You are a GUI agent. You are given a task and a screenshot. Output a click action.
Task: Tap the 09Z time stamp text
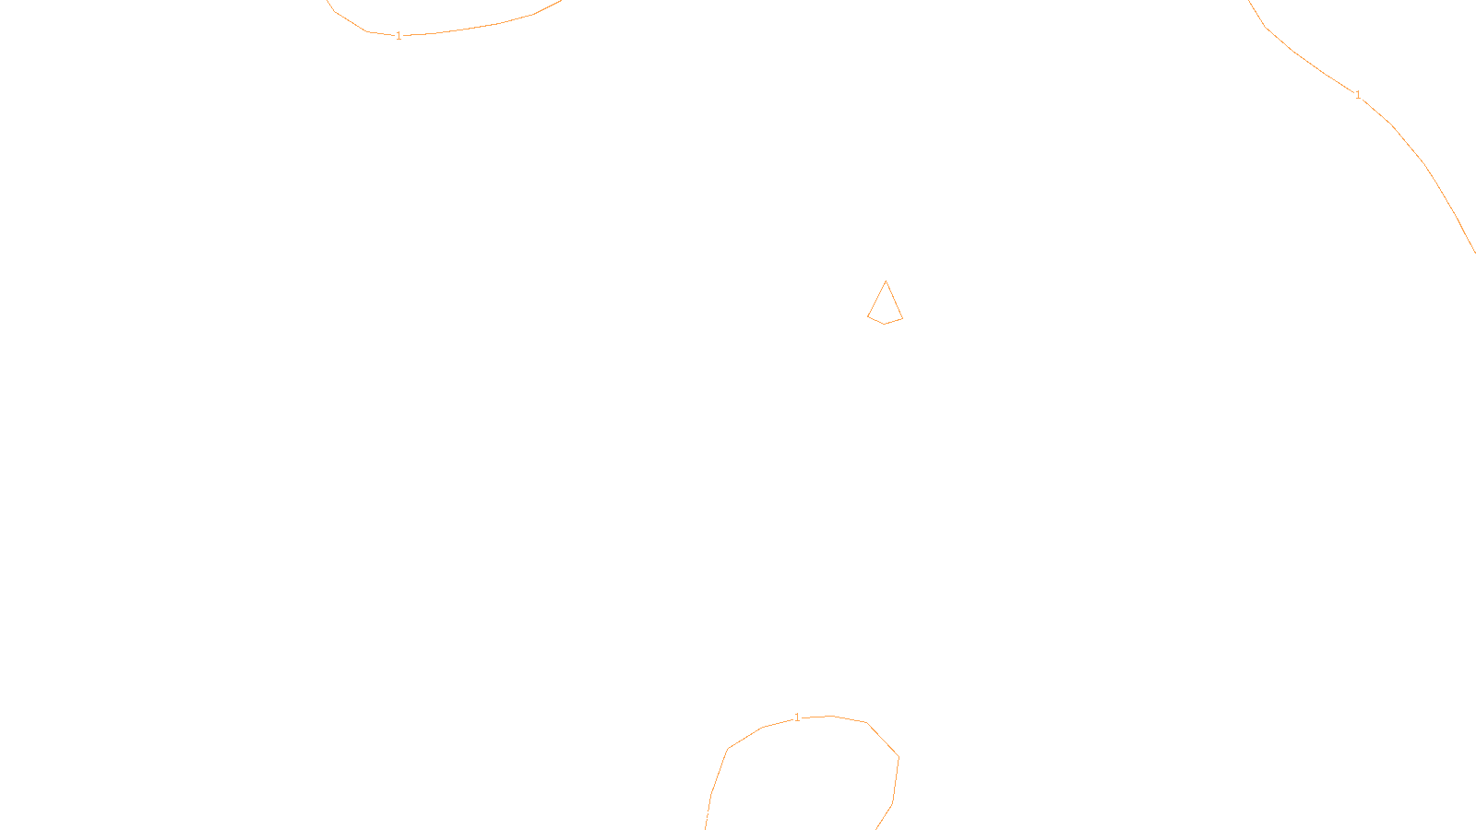pyautogui.click(x=699, y=815)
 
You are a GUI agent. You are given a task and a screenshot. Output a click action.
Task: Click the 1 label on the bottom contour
pyautogui.click(x=797, y=717)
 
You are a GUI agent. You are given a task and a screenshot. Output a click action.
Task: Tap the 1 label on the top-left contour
pyautogui.click(x=399, y=36)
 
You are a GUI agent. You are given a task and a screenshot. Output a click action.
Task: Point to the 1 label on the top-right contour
pyautogui.click(x=1358, y=95)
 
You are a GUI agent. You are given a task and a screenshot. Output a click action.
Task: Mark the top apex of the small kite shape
pyautogui.click(x=886, y=281)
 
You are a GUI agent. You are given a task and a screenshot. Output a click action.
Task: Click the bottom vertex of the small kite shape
pyautogui.click(x=885, y=324)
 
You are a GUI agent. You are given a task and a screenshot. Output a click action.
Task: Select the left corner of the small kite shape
pyautogui.click(x=868, y=316)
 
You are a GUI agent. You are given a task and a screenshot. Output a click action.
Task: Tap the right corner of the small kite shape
pyautogui.click(x=902, y=318)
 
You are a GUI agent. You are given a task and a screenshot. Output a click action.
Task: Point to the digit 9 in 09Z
pyautogui.click(x=699, y=815)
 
